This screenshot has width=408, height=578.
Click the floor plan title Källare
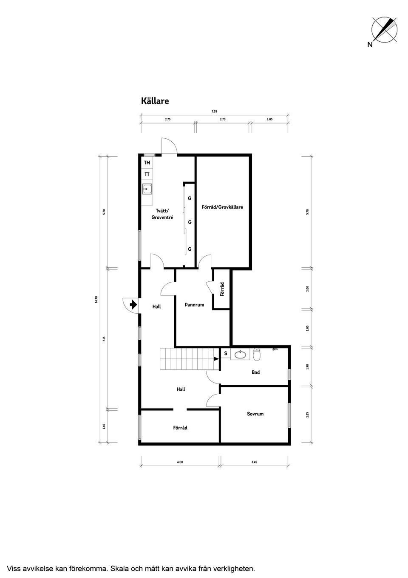click(x=155, y=101)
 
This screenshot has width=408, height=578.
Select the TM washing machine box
click(x=147, y=163)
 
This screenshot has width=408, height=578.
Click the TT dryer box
click(x=147, y=175)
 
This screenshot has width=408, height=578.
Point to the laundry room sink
click(x=147, y=189)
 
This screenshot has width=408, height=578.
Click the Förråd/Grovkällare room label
click(x=222, y=207)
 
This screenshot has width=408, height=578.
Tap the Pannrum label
click(x=194, y=305)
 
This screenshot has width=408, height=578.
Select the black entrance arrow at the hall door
click(x=133, y=304)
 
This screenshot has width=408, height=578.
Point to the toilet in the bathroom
click(x=257, y=354)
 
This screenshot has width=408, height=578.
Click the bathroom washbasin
click(x=241, y=354)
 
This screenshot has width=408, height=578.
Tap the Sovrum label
click(x=255, y=414)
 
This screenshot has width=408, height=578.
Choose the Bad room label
click(x=255, y=372)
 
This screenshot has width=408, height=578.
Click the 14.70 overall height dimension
click(x=96, y=299)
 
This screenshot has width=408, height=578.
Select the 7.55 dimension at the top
click(x=214, y=112)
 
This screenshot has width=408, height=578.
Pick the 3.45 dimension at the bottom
click(x=254, y=462)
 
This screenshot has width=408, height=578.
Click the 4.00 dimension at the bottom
click(x=180, y=462)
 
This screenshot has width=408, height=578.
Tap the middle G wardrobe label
click(x=190, y=222)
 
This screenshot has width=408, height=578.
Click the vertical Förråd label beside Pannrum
click(x=222, y=289)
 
